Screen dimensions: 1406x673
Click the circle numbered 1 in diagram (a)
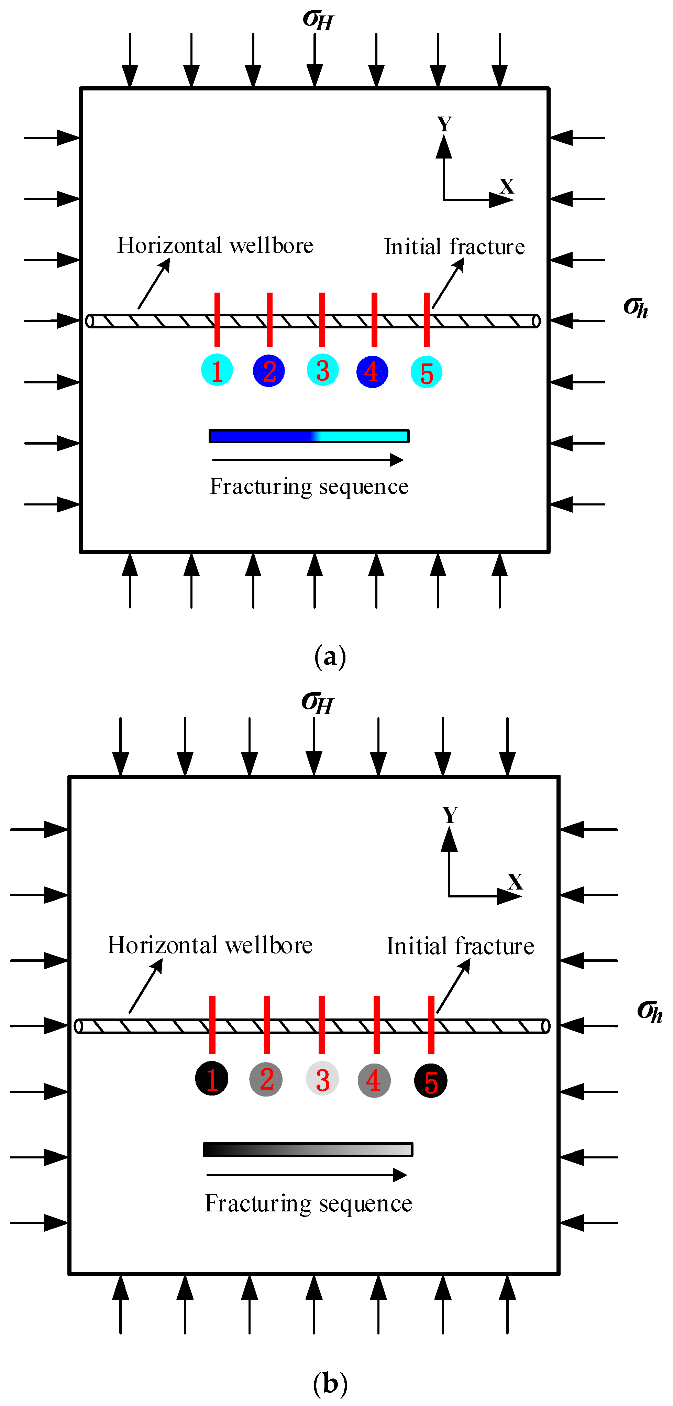[x=217, y=370]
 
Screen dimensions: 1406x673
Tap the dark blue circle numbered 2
[x=269, y=371]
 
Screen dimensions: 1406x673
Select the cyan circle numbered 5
[x=426, y=372]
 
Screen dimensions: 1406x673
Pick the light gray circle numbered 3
[x=322, y=1079]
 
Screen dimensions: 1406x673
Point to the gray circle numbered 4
[x=374, y=1080]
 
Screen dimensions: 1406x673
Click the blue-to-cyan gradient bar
[x=309, y=436]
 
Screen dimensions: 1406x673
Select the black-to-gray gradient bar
[x=308, y=1149]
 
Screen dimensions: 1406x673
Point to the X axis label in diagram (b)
[x=515, y=882]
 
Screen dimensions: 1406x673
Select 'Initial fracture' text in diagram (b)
[x=460, y=946]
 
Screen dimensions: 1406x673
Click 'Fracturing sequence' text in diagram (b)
[x=308, y=1203]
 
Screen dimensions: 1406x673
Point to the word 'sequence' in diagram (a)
[x=363, y=487]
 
